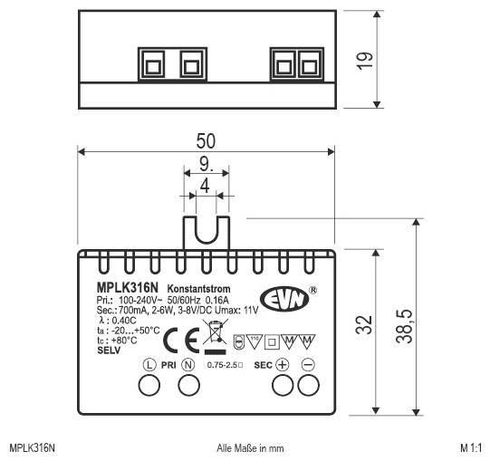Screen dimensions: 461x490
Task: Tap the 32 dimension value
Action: (x=363, y=326)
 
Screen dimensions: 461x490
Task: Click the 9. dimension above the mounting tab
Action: (x=206, y=165)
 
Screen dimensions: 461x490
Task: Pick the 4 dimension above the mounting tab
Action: (x=206, y=186)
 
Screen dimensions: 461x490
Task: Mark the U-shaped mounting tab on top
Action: (x=206, y=234)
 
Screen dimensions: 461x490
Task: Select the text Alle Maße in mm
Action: (x=251, y=448)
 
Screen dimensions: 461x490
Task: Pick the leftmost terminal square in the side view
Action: (x=150, y=64)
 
